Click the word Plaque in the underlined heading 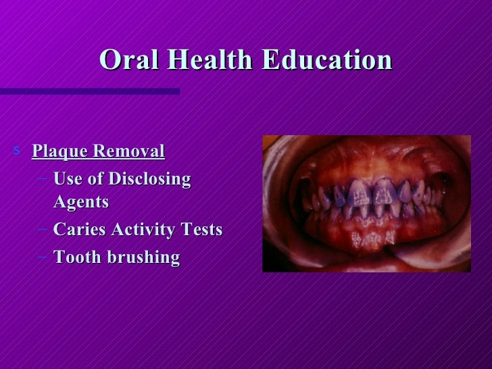pyautogui.click(x=59, y=151)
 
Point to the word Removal pyautogui.click(x=128, y=151)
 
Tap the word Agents pyautogui.click(x=81, y=201)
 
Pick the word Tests pyautogui.click(x=202, y=230)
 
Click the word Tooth pyautogui.click(x=76, y=257)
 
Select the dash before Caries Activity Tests pyautogui.click(x=43, y=230)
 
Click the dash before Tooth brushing pyautogui.click(x=43, y=257)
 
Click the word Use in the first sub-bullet pyautogui.click(x=67, y=180)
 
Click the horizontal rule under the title pyautogui.click(x=88, y=90)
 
